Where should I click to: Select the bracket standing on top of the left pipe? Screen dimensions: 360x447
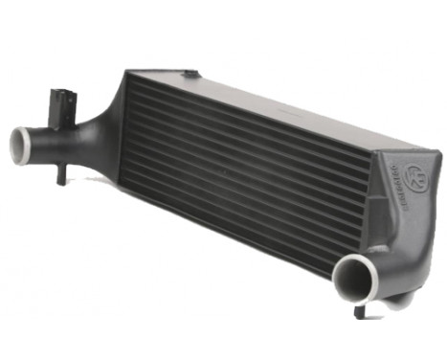[62, 102]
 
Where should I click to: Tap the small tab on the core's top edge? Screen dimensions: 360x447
[192, 73]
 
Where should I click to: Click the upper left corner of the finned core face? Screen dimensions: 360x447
[130, 80]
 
